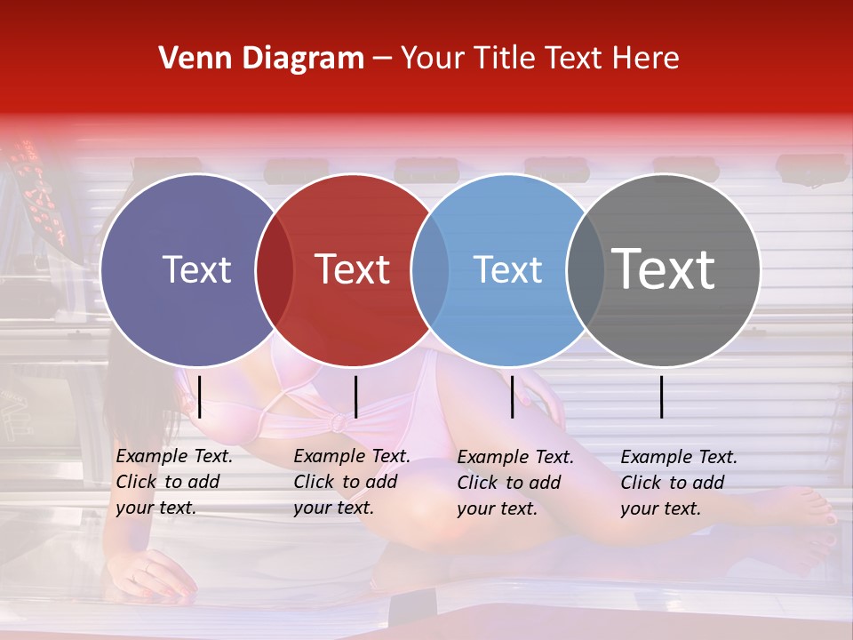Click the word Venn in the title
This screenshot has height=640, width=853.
pos(195,59)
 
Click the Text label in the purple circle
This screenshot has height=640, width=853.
pos(197,269)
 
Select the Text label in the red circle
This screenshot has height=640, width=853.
pos(353,269)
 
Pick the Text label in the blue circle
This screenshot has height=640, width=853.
pos(507,269)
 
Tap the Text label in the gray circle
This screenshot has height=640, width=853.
pos(664,269)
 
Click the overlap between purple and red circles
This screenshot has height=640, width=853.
pos(275,269)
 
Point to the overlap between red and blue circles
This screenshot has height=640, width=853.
pos(430,269)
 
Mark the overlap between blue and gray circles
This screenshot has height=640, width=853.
pos(585,269)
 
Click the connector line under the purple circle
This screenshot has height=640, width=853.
pos(200,396)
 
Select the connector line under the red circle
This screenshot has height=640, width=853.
pos(355,396)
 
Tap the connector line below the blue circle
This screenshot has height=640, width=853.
pos(513,396)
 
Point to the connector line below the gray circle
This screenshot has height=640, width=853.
pos(662,396)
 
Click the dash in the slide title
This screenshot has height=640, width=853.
pos(382,59)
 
